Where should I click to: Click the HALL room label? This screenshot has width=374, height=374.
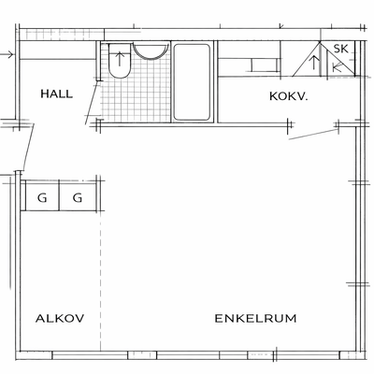click(x=57, y=93)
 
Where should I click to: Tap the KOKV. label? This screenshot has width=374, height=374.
click(x=289, y=96)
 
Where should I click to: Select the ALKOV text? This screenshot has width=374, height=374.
click(x=60, y=318)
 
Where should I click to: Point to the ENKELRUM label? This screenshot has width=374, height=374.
click(x=255, y=318)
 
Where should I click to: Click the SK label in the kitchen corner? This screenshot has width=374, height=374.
click(x=340, y=49)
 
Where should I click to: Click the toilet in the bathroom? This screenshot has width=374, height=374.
click(x=120, y=61)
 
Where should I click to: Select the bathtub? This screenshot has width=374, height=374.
click(x=192, y=82)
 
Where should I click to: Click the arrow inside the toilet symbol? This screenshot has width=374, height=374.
click(x=120, y=59)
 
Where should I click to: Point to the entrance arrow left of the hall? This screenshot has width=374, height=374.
click(x=7, y=55)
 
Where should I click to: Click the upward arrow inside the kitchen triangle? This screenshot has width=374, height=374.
click(x=314, y=63)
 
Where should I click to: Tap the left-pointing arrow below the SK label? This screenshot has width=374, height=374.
click(x=337, y=66)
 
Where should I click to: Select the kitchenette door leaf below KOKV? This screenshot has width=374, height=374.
click(x=314, y=135)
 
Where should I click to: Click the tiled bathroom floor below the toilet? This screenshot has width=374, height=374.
click(x=136, y=100)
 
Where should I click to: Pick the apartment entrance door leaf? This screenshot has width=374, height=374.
click(x=29, y=147)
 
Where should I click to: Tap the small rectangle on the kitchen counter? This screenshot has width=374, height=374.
click(x=265, y=65)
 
